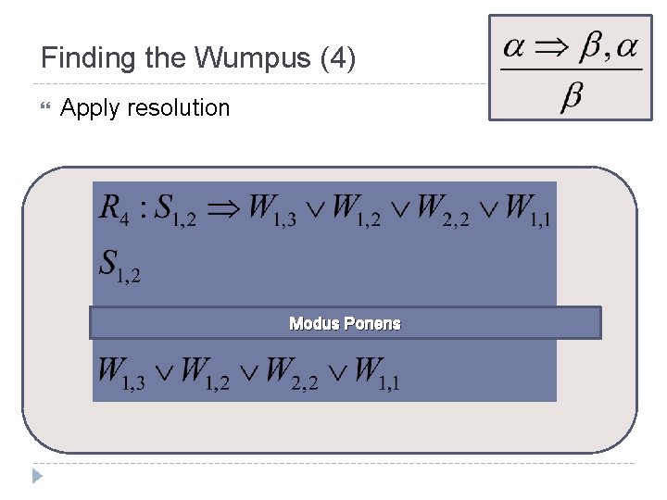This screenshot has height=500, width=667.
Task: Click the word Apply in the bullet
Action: [90, 108]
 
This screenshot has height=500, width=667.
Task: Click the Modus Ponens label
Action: [345, 323]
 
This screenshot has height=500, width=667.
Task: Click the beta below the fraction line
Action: [572, 97]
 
